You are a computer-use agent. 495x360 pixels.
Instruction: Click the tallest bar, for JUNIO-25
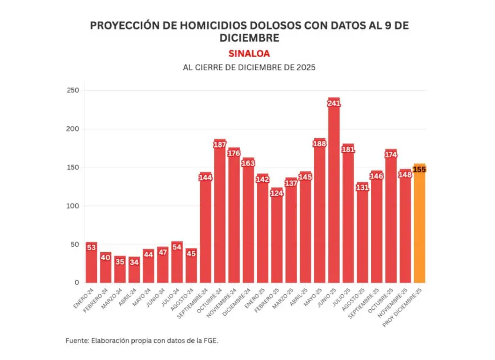click(334, 194)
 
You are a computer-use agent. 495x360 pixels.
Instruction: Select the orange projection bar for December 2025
click(420, 229)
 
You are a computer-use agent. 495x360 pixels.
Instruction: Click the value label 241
click(334, 103)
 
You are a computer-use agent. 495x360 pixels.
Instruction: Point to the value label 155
click(420, 169)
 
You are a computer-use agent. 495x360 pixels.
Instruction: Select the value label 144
click(206, 177)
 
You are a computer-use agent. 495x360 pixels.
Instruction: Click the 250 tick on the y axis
click(73, 90)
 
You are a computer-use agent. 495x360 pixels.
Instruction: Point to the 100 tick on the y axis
click(73, 206)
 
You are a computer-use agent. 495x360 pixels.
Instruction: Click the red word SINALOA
click(249, 54)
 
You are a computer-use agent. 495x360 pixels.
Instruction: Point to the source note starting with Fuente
click(142, 340)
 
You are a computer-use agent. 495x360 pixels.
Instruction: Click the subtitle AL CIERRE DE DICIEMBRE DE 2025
click(249, 67)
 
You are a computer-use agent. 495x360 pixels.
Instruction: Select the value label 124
click(277, 193)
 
